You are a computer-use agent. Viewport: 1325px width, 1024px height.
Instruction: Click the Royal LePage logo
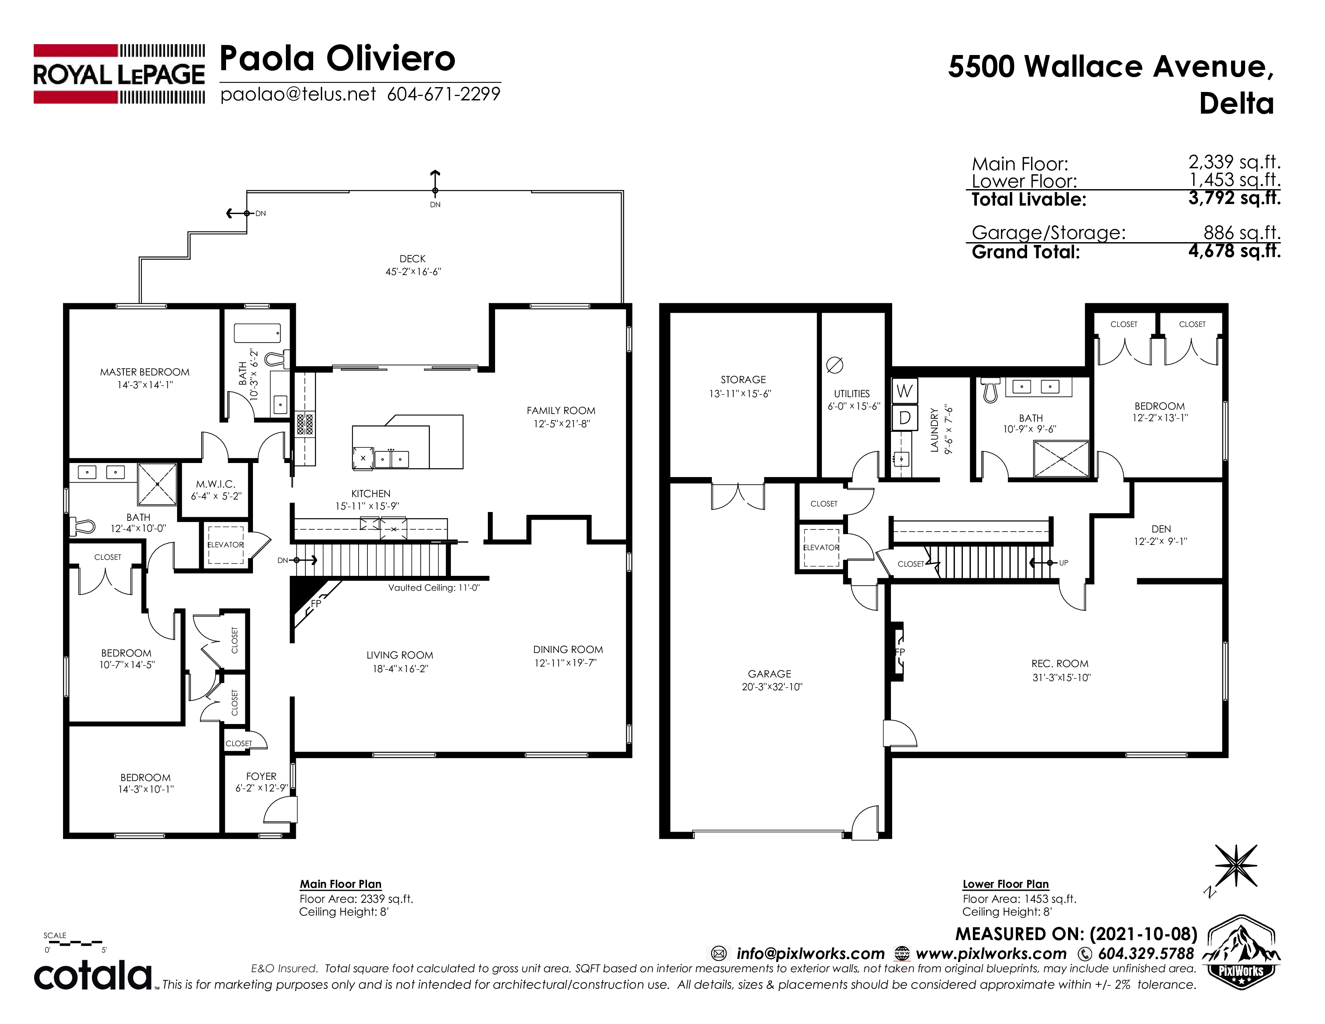[119, 74]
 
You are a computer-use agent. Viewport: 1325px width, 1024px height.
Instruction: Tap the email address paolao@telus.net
[298, 94]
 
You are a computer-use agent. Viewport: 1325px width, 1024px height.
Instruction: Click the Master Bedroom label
[145, 372]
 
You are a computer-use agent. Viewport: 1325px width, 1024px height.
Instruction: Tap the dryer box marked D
[904, 417]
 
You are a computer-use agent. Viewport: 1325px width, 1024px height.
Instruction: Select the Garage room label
[769, 673]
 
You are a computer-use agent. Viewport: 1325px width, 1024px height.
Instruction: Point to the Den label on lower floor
[1161, 529]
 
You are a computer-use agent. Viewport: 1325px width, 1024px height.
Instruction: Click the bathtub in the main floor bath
[257, 333]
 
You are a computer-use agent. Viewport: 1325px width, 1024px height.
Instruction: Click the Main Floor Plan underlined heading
[340, 885]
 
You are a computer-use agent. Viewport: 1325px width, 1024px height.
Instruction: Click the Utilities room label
[851, 394]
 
